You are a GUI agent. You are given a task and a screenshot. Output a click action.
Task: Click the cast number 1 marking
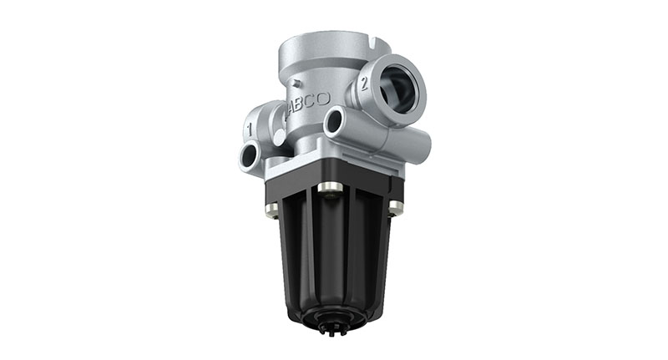click(251, 129)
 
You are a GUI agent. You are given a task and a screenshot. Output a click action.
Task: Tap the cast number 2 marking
click(365, 82)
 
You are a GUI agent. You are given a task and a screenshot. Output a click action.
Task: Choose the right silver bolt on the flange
click(395, 206)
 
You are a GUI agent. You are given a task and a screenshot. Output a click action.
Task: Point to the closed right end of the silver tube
click(423, 150)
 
